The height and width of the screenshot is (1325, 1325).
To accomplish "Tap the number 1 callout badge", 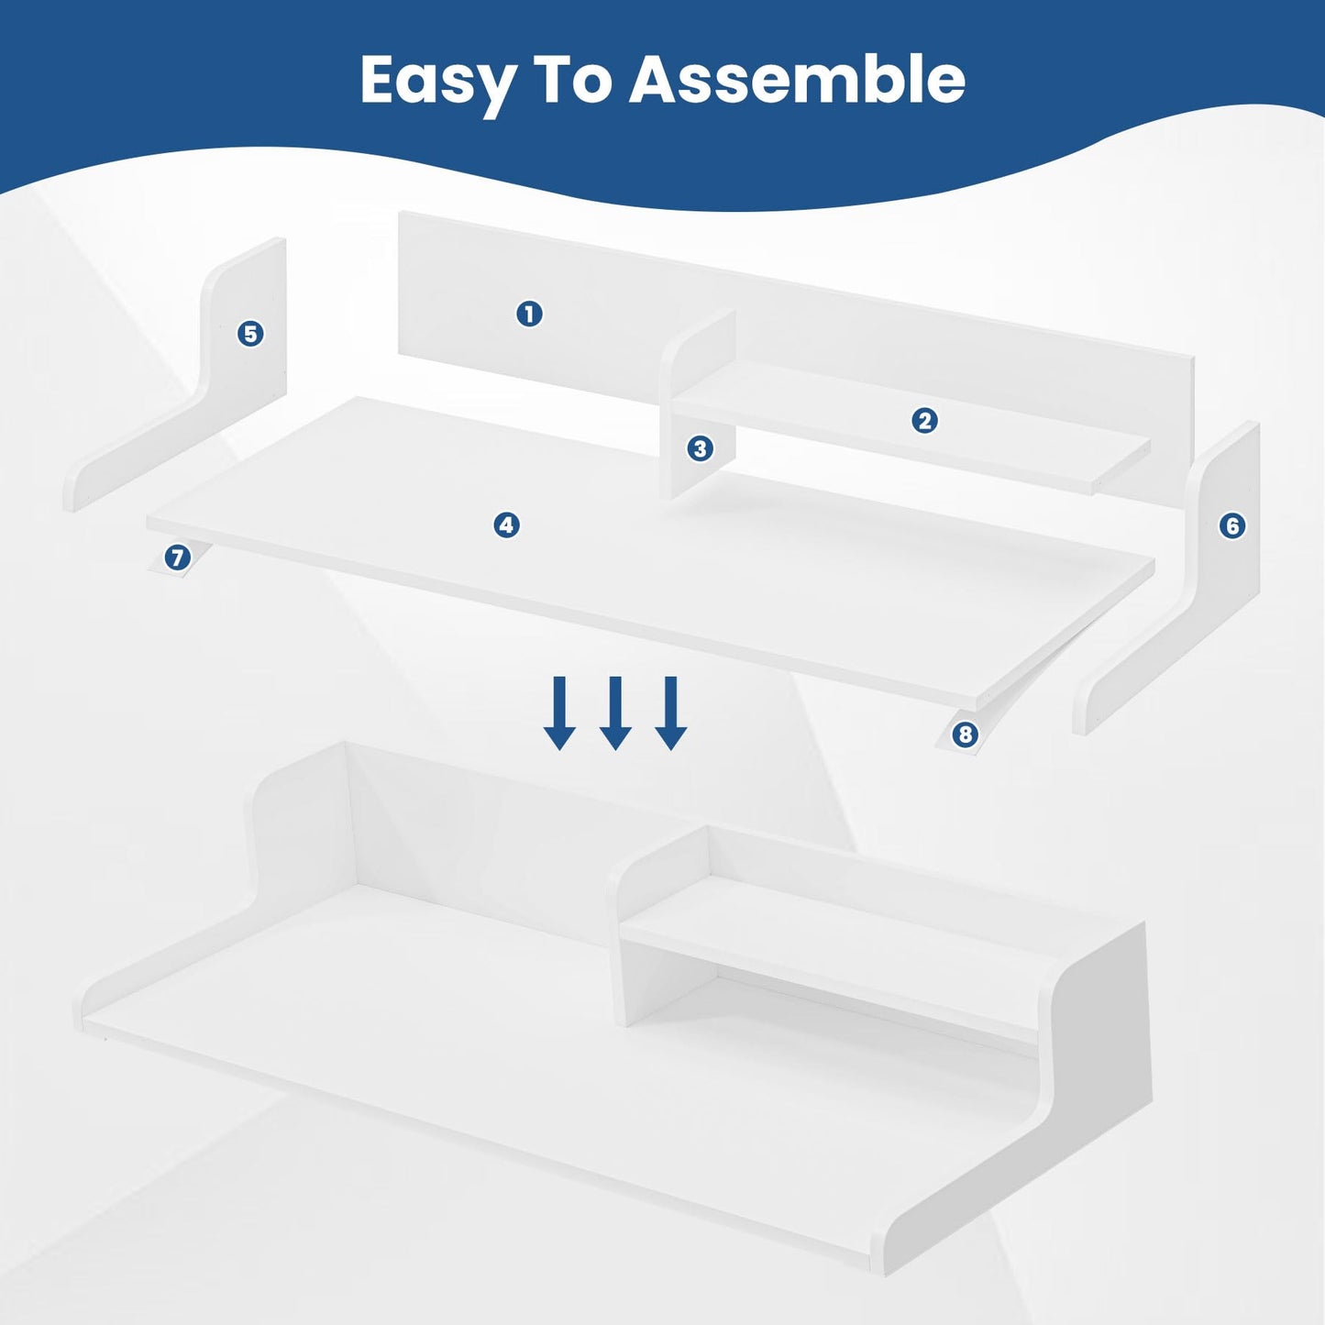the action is tap(529, 315).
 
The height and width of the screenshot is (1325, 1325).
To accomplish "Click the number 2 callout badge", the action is tap(924, 421).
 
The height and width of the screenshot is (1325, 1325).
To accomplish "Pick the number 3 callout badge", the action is tap(700, 449).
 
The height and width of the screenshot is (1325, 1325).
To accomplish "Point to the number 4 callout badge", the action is tap(507, 525).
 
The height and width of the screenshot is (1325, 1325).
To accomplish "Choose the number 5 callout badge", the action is tap(251, 334).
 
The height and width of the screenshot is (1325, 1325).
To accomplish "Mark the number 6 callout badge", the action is tap(1232, 526).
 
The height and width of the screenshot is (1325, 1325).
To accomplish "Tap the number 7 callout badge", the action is tap(177, 557).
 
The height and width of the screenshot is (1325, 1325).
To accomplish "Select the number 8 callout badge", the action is tap(965, 735).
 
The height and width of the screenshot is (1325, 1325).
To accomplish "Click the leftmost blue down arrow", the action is tap(559, 713).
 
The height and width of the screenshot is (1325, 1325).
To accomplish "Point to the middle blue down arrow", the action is tap(615, 713).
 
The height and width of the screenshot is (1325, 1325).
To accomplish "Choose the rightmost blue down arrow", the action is tap(670, 713).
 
